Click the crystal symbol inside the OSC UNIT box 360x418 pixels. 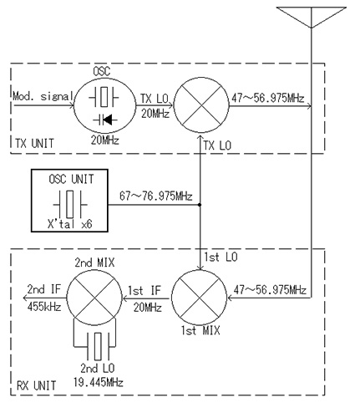click(70, 204)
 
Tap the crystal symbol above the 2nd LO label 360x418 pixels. click(98, 346)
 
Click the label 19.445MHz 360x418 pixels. click(99, 382)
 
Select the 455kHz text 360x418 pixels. click(44, 307)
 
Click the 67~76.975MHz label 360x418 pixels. click(156, 196)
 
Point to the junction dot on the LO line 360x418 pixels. click(200, 205)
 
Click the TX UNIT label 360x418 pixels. click(34, 144)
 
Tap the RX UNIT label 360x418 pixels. click(36, 385)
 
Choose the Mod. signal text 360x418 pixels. click(43, 96)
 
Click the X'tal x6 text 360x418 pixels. click(69, 224)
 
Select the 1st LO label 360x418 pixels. click(221, 257)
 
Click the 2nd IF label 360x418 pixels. click(44, 289)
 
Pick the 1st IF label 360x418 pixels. click(145, 290)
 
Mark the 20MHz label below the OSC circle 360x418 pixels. click(105, 140)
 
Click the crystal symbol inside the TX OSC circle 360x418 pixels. click(104, 97)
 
